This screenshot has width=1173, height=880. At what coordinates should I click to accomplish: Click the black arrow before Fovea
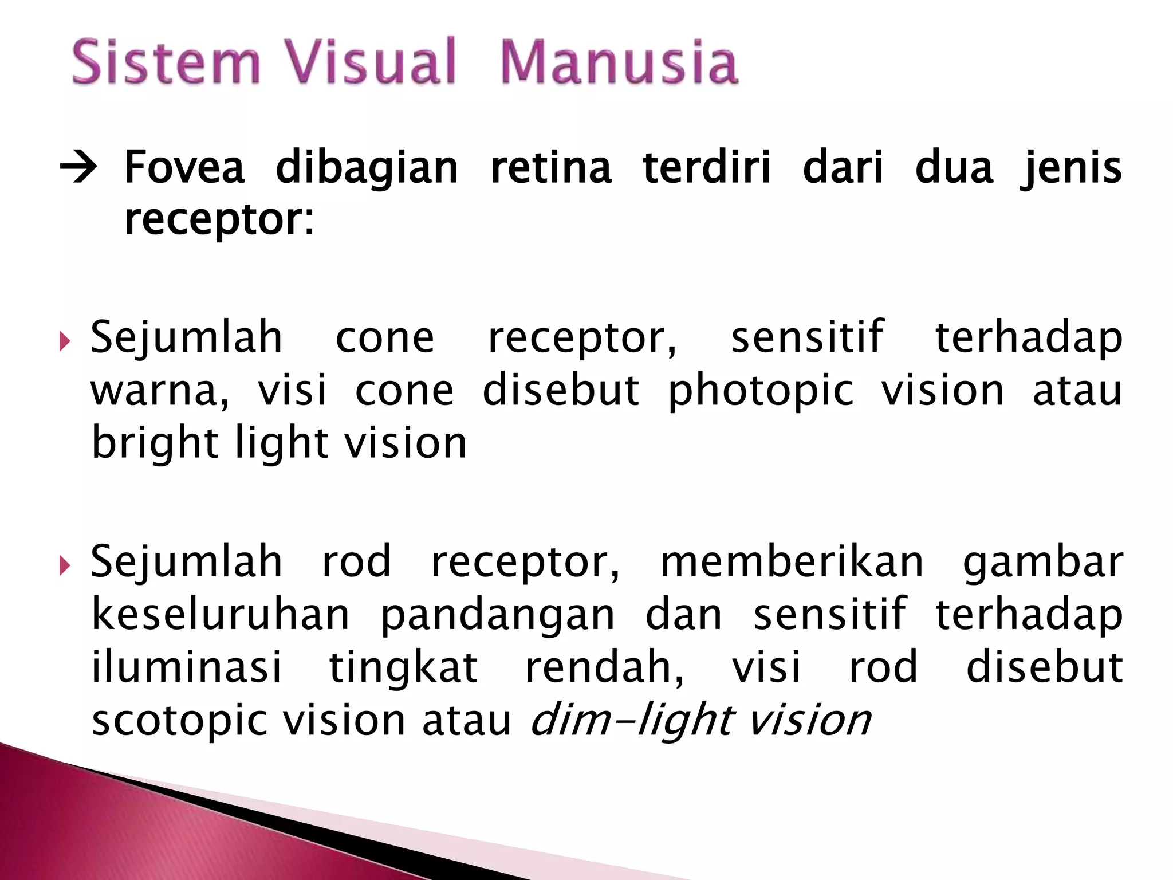[78, 168]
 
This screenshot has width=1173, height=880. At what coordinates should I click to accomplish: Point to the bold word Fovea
[184, 167]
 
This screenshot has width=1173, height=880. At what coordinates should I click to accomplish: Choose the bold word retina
[551, 167]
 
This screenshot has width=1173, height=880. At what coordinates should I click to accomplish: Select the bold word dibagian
[367, 167]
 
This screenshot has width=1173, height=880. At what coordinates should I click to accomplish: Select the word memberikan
[792, 561]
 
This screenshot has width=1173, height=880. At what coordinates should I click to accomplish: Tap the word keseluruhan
[221, 614]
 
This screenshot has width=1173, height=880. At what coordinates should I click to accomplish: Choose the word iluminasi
[187, 667]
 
